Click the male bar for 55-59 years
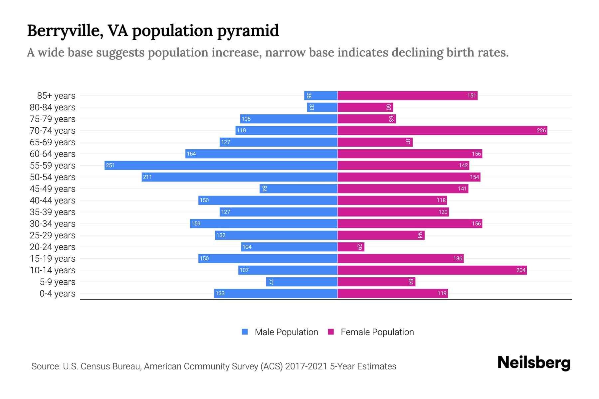coord(221,165)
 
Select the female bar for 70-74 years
coord(442,130)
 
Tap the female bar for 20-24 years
coord(351,247)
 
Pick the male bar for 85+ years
coord(321,95)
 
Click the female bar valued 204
coord(432,270)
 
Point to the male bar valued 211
coord(240,177)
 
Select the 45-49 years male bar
coord(299,189)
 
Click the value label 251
coord(110,165)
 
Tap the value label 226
coord(541,130)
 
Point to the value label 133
coord(220,293)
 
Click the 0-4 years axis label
coord(57,293)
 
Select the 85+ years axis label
coord(56,95)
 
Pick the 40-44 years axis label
coord(53,200)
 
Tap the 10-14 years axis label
coord(53,270)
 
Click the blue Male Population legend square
coord(245,332)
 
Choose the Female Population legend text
coord(377,332)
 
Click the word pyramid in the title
coord(248,31)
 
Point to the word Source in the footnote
coord(46,366)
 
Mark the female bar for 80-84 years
coord(365,107)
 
